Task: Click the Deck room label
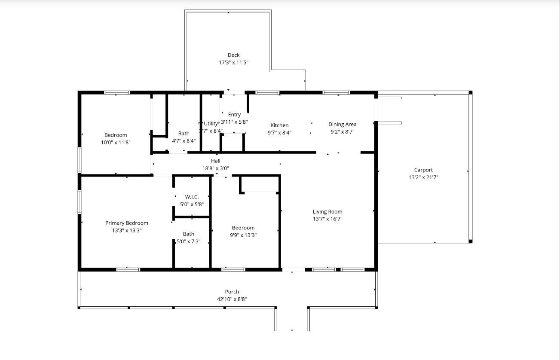click(233, 55)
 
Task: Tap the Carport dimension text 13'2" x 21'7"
click(423, 177)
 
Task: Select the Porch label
click(232, 292)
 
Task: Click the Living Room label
click(327, 211)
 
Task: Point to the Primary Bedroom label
click(127, 223)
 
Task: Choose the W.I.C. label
click(192, 197)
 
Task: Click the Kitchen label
click(279, 125)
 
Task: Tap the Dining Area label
click(343, 124)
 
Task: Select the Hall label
click(216, 161)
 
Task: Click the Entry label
click(234, 114)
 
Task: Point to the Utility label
click(211, 124)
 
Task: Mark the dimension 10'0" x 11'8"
click(116, 142)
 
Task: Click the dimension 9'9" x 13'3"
click(243, 235)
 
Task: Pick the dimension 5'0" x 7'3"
click(189, 241)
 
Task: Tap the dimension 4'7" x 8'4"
click(184, 140)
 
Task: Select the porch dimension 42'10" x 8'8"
click(232, 299)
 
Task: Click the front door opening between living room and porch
click(294, 270)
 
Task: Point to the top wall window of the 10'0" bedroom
click(117, 92)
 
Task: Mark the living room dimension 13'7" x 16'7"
click(327, 219)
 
